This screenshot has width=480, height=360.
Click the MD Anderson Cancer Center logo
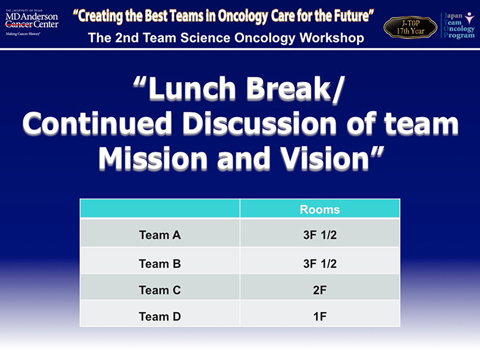[x=32, y=23]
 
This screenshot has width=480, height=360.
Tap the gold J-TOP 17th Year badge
[x=410, y=27]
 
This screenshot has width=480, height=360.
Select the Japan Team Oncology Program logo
[x=458, y=25]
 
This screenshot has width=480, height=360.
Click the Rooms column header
[x=320, y=209]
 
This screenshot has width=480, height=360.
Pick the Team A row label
[x=160, y=235]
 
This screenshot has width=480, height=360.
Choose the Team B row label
[x=160, y=263]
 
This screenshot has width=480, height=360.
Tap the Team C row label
[x=160, y=290]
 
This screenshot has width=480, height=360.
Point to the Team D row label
[x=160, y=316]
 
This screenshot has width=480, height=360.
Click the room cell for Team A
[x=320, y=235]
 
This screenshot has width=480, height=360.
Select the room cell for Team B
[x=320, y=263]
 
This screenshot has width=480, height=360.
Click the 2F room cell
[x=320, y=290]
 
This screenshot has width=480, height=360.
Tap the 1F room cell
[x=320, y=316]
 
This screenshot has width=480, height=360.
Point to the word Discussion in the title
[x=260, y=124]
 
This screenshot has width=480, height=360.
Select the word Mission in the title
[x=153, y=158]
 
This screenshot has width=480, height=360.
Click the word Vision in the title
[x=325, y=158]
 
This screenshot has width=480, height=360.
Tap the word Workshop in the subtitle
[x=332, y=38]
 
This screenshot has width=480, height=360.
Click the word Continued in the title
[x=97, y=124]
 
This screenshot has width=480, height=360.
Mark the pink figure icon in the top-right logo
[x=469, y=18]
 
